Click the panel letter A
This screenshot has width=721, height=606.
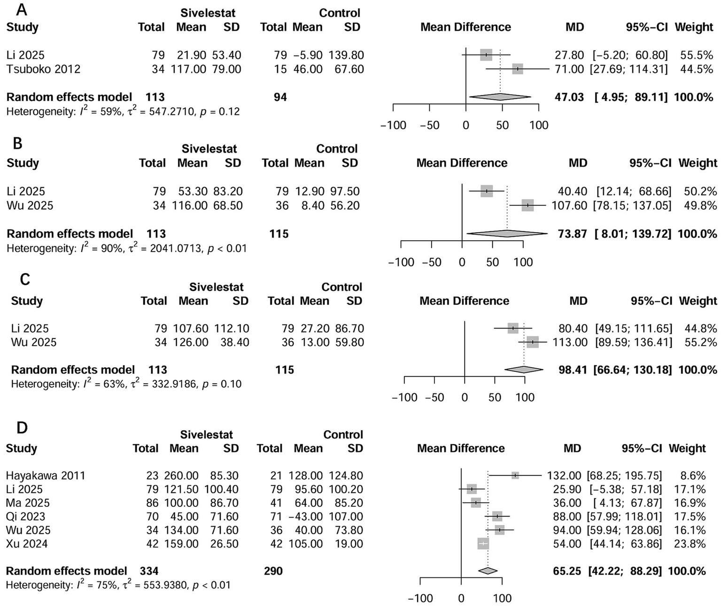coord(21,9)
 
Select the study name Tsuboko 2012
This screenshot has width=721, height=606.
coord(43,69)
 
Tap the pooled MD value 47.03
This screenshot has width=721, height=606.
coord(569,97)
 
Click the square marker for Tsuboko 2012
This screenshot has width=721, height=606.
coord(517,69)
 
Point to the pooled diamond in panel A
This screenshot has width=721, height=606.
coord(500,97)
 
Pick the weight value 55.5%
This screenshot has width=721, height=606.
coord(697,55)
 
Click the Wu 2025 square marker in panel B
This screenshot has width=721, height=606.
coord(527,205)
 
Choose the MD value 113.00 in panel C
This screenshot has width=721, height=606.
coord(570,342)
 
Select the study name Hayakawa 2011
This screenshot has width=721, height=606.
coord(46,476)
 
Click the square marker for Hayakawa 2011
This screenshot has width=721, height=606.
coord(515,475)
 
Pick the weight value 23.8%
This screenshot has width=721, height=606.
coord(690,544)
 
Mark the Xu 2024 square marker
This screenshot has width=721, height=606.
coord(483,544)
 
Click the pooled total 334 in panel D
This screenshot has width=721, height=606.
coord(149,571)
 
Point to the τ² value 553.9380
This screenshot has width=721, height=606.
coord(162,585)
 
